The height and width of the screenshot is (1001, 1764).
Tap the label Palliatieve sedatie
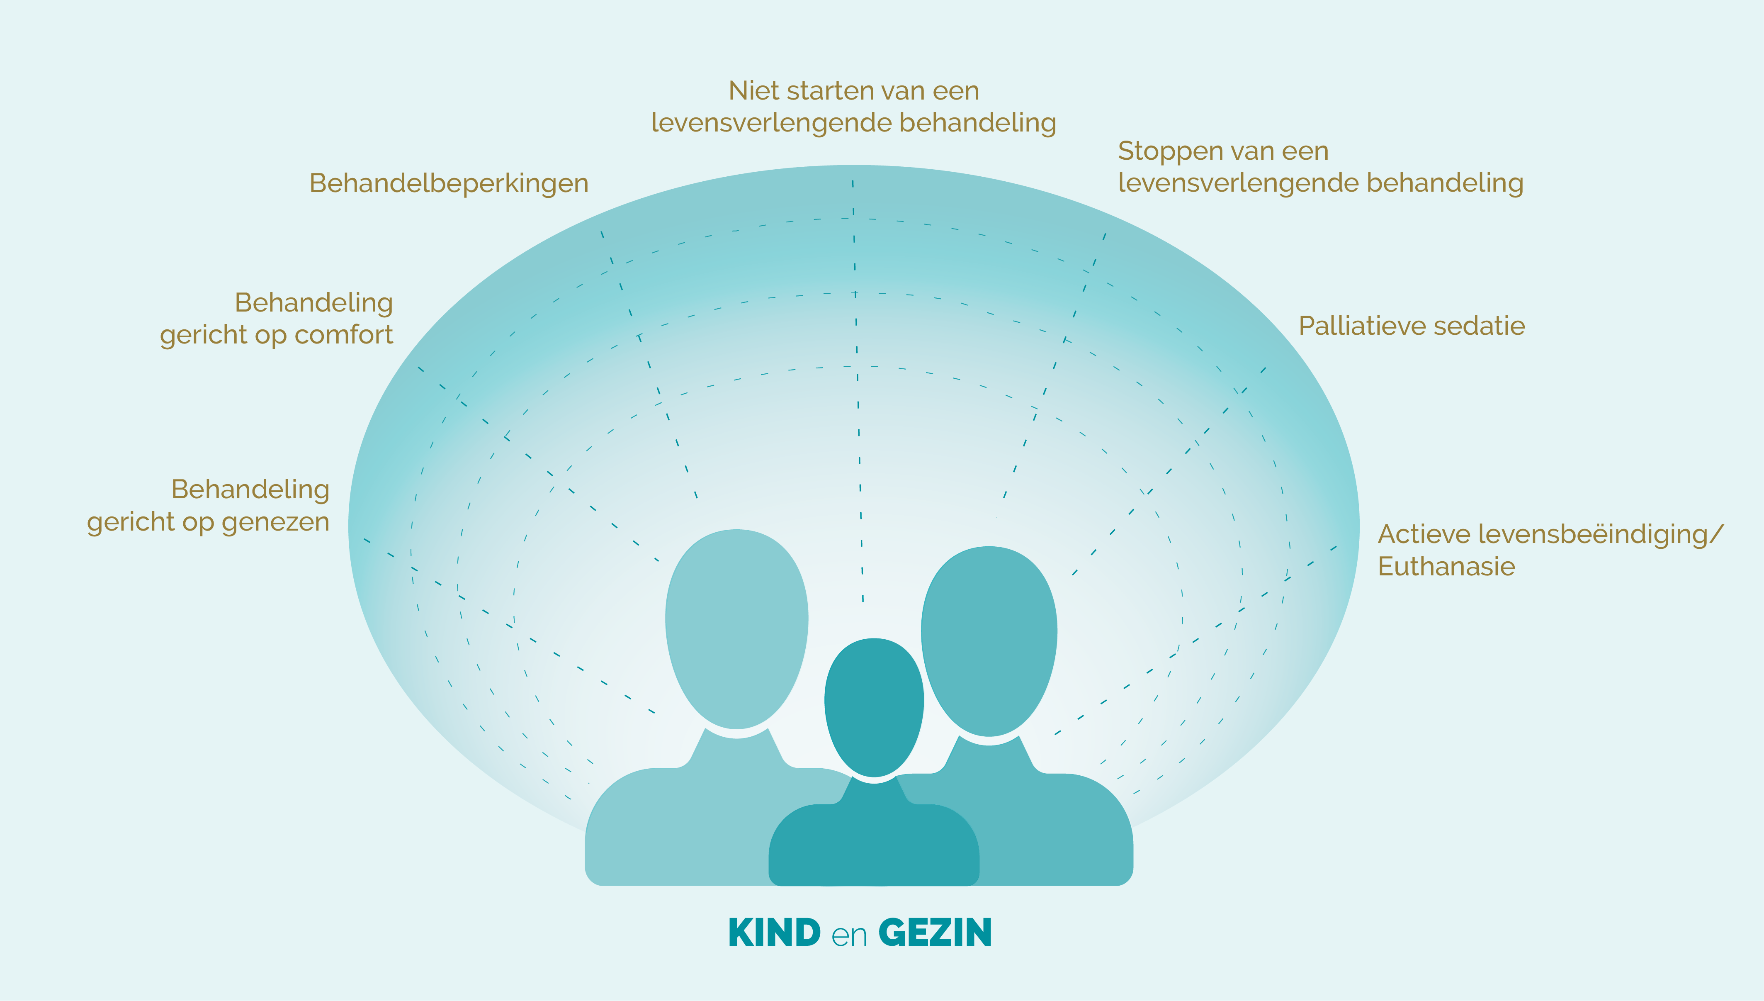tap(1412, 326)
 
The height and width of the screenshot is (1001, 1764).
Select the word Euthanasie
tap(1446, 567)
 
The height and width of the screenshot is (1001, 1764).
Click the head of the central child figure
tap(874, 707)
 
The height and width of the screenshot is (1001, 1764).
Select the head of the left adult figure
tap(737, 628)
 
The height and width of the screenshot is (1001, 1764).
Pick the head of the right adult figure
tap(989, 641)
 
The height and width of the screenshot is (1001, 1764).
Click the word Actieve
tap(1424, 534)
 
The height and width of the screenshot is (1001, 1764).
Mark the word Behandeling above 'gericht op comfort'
tap(314, 303)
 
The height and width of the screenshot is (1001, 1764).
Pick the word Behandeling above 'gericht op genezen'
tap(250, 490)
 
